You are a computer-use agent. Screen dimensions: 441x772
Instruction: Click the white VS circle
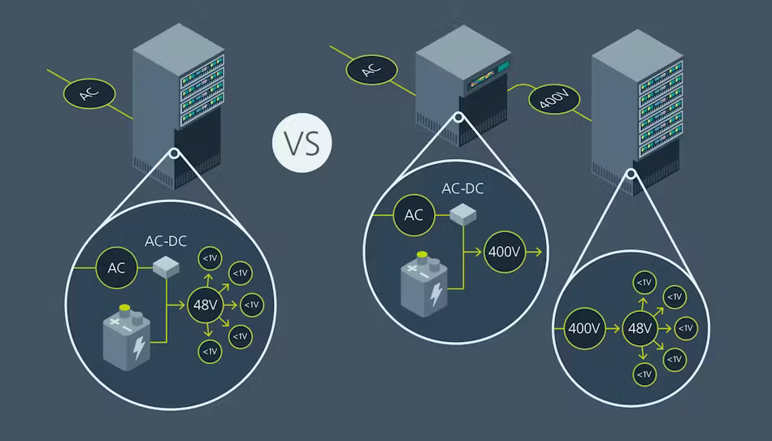[302, 142]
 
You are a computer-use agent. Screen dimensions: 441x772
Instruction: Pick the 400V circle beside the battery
[503, 252]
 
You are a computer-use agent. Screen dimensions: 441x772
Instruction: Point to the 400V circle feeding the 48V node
[584, 329]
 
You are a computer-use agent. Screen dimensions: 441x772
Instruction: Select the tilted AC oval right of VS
[371, 70]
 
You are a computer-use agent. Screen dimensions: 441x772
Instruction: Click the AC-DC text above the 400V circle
[463, 189]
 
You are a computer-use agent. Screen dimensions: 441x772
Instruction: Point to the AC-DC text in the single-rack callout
[166, 243]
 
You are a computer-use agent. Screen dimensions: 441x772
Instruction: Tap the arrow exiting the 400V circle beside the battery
[534, 252]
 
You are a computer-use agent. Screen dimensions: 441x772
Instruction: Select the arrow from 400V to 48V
[612, 329]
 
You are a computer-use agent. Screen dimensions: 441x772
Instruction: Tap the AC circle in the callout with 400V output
[414, 215]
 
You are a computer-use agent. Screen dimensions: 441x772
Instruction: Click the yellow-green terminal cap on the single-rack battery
[124, 308]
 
